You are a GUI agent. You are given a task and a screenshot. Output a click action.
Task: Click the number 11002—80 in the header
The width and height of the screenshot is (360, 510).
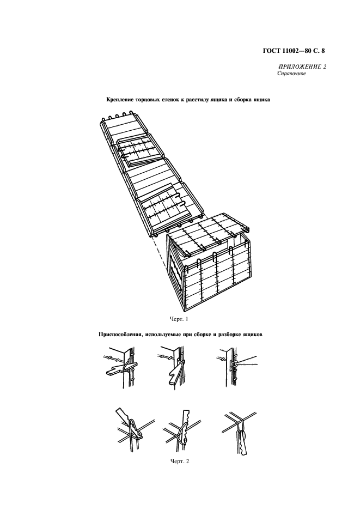[x=294, y=51]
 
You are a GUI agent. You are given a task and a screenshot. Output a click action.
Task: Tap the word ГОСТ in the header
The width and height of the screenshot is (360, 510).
[x=270, y=51]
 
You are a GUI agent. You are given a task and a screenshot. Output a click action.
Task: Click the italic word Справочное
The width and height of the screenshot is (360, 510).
[x=291, y=74]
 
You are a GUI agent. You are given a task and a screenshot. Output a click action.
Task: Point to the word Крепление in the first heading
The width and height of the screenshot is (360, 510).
[x=120, y=100]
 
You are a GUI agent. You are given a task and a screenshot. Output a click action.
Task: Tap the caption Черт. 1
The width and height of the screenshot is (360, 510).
[x=179, y=319]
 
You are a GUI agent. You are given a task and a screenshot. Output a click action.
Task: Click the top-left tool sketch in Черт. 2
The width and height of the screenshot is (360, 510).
[x=121, y=368]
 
